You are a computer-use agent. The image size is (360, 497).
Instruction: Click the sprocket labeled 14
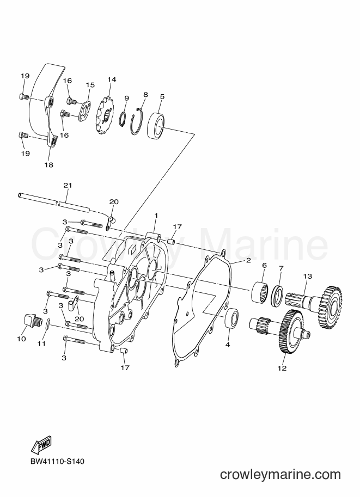coord(105,116)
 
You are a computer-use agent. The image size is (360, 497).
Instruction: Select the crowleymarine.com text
coord(280,474)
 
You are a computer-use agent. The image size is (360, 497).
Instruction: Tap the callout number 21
coord(68,185)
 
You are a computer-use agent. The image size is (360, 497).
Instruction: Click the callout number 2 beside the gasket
coord(248,260)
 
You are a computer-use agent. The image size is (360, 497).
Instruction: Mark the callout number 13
coord(308,276)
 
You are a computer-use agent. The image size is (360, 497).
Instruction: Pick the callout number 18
coord(49,165)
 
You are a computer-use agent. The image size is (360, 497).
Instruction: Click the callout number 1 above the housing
coord(156,216)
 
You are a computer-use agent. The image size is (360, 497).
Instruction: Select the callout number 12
coord(282,368)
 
